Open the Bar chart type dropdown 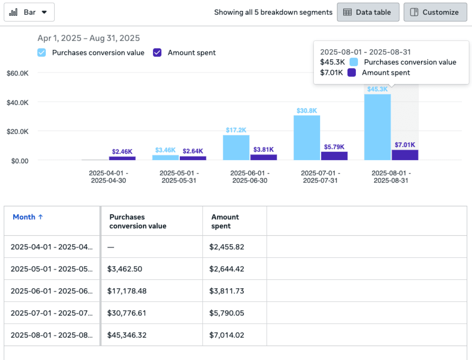(29, 12)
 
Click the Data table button (368, 12)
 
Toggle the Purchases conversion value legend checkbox (42, 53)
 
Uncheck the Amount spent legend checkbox (157, 53)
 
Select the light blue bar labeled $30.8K (307, 138)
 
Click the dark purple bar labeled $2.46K (122, 158)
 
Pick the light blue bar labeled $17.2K (236, 147)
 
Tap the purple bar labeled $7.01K (405, 155)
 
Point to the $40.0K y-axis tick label (18, 103)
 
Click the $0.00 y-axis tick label (20, 161)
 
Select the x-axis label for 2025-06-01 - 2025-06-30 (250, 177)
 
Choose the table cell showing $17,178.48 (127, 291)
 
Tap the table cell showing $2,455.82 (226, 247)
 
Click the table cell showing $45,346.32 (127, 335)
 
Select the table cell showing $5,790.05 (226, 313)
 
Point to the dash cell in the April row (111, 247)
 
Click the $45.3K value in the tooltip (332, 62)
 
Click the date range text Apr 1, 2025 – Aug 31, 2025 (88, 38)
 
